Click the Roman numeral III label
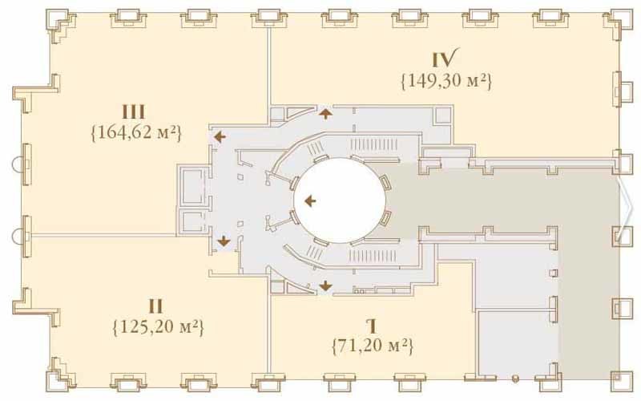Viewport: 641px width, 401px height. (x=134, y=112)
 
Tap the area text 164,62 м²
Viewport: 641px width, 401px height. (x=135, y=133)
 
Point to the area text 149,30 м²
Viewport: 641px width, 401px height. (x=446, y=81)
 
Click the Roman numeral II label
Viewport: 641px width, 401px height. (x=155, y=306)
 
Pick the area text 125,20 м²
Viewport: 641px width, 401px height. (x=158, y=327)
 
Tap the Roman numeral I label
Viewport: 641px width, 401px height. (x=372, y=326)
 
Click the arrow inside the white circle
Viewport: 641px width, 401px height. (x=311, y=200)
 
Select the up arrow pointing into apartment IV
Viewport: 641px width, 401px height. (x=326, y=113)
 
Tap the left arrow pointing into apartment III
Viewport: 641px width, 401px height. (x=220, y=136)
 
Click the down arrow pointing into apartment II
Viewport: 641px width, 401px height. (x=224, y=241)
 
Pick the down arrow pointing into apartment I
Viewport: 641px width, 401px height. (x=326, y=286)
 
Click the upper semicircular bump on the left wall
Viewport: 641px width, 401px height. (x=17, y=165)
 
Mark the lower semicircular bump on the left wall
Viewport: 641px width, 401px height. (x=17, y=236)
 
